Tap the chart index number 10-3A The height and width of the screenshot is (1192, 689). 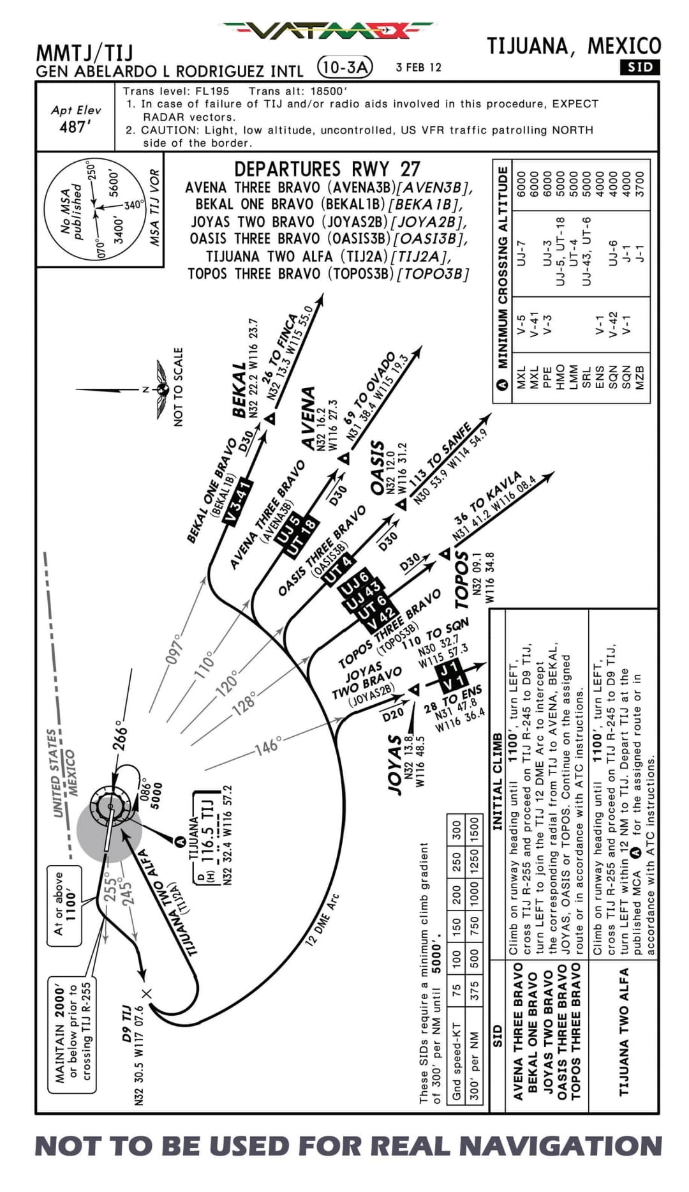[x=345, y=66]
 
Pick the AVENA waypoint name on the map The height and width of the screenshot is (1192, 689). [x=309, y=418]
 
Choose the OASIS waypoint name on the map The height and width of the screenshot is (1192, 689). [x=378, y=467]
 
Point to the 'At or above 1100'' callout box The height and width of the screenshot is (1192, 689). [x=64, y=905]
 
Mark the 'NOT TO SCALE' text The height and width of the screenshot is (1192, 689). [x=179, y=386]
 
